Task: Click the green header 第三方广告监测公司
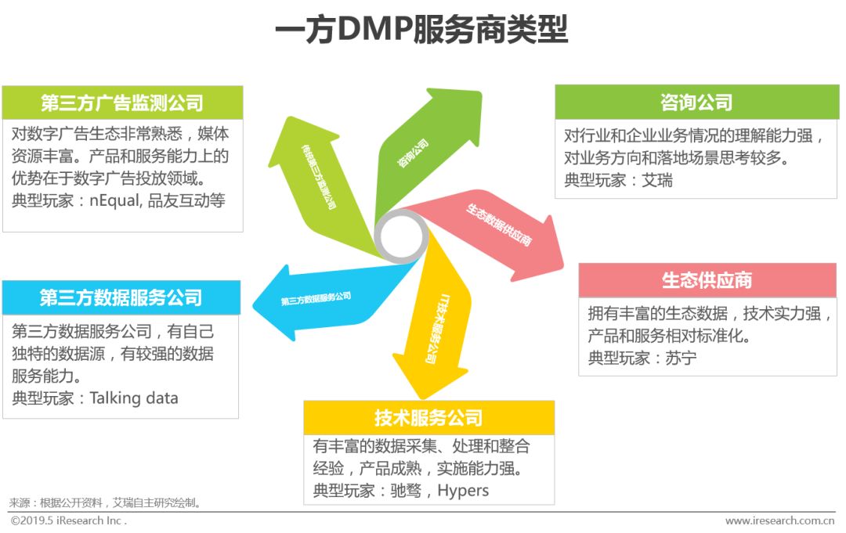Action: click(x=122, y=103)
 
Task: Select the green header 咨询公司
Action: click(x=696, y=103)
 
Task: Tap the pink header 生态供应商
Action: click(x=707, y=280)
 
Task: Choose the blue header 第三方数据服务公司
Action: click(x=121, y=297)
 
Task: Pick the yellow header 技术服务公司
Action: click(x=428, y=418)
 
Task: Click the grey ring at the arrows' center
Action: click(x=401, y=236)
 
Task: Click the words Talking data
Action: click(x=134, y=398)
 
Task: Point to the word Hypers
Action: click(x=463, y=491)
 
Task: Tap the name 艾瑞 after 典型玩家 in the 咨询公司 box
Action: click(x=657, y=181)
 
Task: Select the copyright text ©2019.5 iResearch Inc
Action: click(x=68, y=520)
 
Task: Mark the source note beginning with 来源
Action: click(x=105, y=502)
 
